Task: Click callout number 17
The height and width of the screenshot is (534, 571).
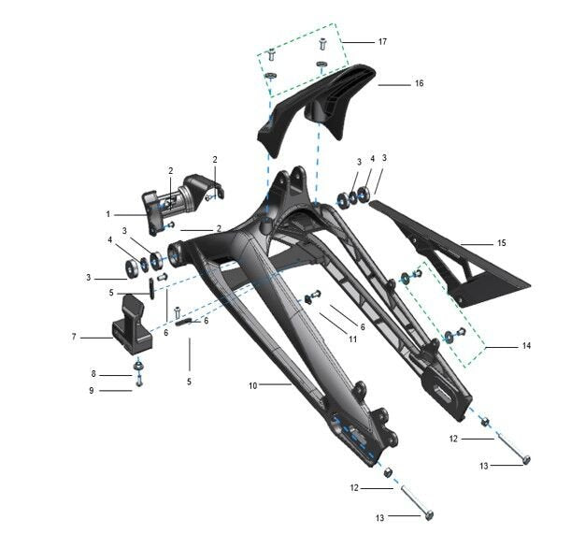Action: point(382,42)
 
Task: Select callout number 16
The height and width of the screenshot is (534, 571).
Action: point(420,83)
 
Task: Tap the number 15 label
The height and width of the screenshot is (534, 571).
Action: point(502,243)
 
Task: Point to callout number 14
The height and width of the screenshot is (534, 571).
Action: point(526,345)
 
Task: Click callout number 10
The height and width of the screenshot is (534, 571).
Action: point(253,385)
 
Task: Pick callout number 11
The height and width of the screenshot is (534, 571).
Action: point(352,339)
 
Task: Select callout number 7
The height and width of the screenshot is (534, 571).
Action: point(74,338)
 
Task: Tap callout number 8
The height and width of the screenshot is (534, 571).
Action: point(93,374)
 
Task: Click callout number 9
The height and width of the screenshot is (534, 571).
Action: point(92,391)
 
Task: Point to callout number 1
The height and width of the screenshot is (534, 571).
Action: point(107,214)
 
